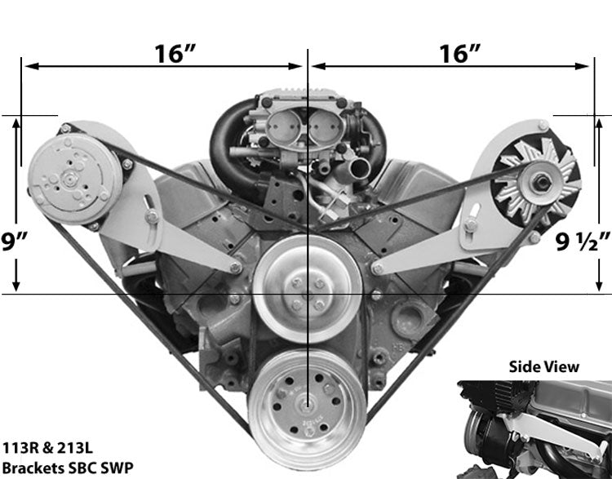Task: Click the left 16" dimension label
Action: (175, 54)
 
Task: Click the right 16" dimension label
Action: (459, 54)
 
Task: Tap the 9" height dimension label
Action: (14, 242)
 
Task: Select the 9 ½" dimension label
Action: (583, 242)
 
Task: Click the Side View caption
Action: (543, 366)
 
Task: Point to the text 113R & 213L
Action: (47, 448)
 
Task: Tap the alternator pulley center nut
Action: (542, 182)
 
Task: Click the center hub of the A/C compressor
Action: (69, 180)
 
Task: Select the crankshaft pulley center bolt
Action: (307, 408)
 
